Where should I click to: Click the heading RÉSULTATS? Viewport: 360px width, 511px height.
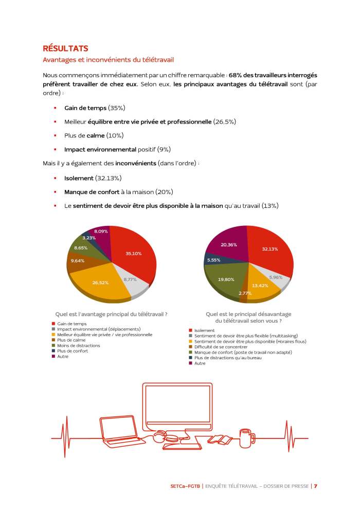click(65, 48)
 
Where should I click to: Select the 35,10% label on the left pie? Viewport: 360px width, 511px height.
click(133, 254)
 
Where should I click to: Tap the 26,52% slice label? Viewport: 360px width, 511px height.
click(100, 283)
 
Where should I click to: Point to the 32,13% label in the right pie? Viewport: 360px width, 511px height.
click(270, 249)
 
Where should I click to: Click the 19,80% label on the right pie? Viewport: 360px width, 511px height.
click(226, 279)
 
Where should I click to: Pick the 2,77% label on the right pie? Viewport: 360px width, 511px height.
click(245, 293)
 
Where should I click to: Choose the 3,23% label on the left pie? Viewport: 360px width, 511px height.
click(89, 238)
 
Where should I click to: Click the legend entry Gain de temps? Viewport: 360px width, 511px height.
click(70, 324)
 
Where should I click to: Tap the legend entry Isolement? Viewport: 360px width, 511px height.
click(205, 330)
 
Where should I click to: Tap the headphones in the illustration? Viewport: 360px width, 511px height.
click(159, 438)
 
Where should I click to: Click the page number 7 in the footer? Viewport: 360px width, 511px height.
click(315, 486)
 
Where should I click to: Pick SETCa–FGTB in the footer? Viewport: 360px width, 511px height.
click(185, 486)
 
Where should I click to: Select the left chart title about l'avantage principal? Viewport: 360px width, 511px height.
click(112, 314)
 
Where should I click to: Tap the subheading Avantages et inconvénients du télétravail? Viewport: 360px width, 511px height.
click(101, 61)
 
